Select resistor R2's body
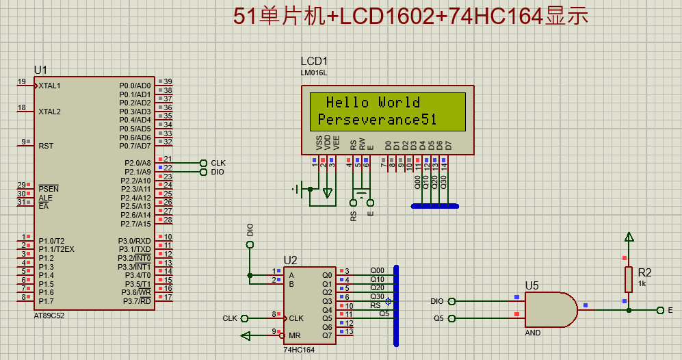tap(628, 279)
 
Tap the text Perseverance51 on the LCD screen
tap(377, 120)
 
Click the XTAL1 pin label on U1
tap(50, 86)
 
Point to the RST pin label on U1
tap(46, 146)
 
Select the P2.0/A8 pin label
tap(137, 163)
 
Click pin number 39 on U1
tap(167, 81)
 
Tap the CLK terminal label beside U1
tap(218, 163)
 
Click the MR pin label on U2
tap(295, 335)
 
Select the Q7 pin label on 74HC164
tap(327, 335)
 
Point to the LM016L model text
tap(314, 73)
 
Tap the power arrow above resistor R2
tap(628, 237)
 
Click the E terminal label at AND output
tap(670, 310)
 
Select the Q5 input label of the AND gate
tap(438, 318)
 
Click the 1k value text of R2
tap(642, 283)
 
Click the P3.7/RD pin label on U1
tap(137, 301)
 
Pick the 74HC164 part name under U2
tap(300, 350)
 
